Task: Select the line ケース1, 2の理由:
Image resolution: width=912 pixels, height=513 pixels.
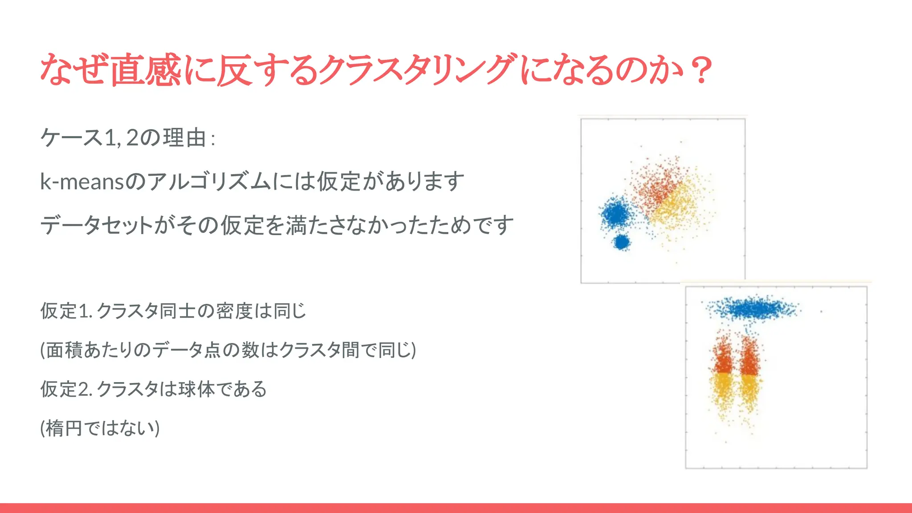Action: click(x=128, y=138)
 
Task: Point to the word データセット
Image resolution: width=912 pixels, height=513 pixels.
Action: click(x=97, y=225)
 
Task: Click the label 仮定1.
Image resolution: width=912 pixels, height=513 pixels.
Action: click(x=66, y=311)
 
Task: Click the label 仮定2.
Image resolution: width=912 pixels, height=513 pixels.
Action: click(x=66, y=389)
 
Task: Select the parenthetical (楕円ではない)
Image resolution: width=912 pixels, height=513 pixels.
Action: click(x=100, y=428)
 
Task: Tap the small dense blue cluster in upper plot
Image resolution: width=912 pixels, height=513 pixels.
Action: click(x=621, y=243)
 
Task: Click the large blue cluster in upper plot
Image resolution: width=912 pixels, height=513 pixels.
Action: click(x=617, y=214)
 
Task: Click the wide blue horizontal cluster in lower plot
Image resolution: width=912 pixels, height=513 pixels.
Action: click(x=753, y=309)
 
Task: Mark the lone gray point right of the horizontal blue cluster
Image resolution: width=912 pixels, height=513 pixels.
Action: click(x=821, y=311)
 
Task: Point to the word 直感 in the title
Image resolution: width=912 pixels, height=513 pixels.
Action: click(x=146, y=70)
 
